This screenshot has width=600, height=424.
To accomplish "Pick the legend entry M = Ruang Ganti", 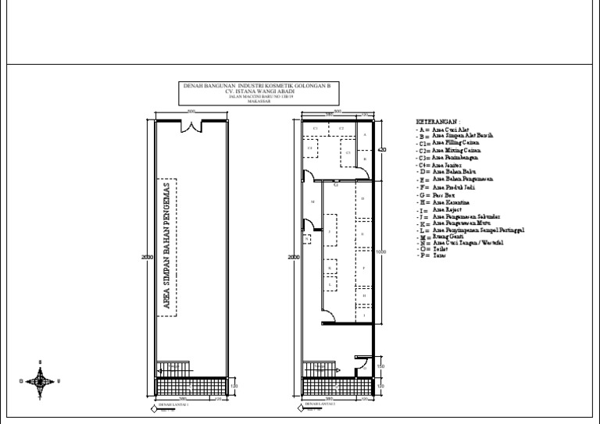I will click(441, 237).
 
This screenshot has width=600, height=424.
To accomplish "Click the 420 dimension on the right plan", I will click(382, 149).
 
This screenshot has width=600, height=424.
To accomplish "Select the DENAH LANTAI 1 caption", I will click(175, 405).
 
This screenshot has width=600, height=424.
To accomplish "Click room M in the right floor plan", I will click(312, 201).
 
